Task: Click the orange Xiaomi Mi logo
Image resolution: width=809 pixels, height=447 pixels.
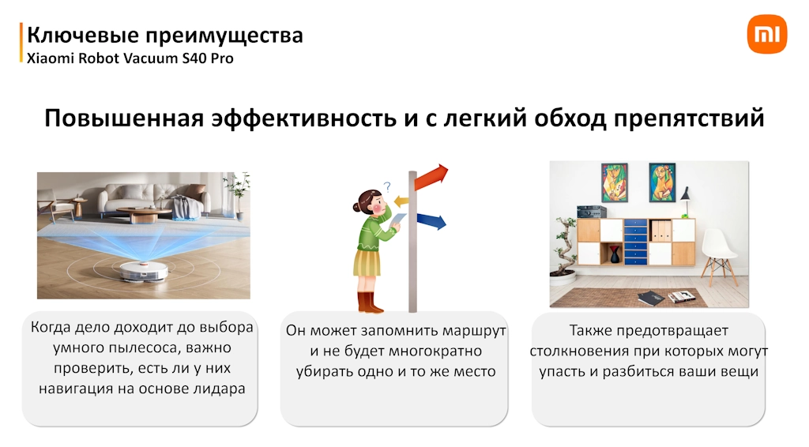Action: (x=766, y=34)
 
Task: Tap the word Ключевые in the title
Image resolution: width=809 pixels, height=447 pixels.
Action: (x=83, y=35)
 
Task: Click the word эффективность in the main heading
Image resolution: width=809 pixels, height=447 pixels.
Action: (x=304, y=118)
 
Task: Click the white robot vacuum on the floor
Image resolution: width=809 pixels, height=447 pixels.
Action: (x=144, y=271)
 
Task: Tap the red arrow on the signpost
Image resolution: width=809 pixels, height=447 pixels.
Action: (x=431, y=178)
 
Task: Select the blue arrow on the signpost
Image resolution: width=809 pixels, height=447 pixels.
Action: (x=431, y=220)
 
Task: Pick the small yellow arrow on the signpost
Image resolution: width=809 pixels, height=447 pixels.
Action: (x=401, y=201)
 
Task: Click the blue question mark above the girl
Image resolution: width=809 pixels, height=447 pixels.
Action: (x=387, y=186)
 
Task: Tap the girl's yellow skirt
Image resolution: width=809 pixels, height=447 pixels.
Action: (x=367, y=262)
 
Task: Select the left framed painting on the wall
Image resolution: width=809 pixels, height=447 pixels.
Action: (x=615, y=182)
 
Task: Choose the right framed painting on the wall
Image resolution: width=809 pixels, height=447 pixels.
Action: (x=662, y=182)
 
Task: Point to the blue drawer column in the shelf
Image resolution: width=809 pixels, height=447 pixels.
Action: (x=635, y=242)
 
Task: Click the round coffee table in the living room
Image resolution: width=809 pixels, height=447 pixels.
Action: (x=144, y=213)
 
